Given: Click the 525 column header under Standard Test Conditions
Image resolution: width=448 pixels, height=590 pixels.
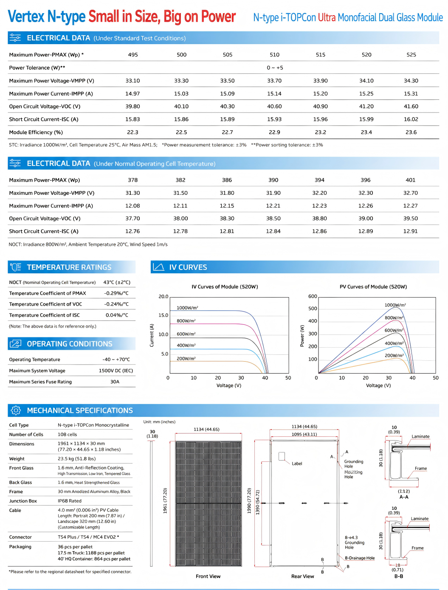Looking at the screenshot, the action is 411,55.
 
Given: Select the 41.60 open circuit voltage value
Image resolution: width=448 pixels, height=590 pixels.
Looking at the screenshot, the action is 411,107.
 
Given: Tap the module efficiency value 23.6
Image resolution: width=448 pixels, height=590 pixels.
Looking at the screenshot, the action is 411,132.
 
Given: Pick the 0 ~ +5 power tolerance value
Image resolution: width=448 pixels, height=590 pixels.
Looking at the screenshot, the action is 275,68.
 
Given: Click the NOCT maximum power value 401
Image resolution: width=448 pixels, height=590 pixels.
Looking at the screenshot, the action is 410,180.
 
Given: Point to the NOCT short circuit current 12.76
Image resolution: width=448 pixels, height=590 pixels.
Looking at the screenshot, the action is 132,231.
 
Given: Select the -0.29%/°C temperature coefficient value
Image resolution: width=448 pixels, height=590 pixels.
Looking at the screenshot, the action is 116,293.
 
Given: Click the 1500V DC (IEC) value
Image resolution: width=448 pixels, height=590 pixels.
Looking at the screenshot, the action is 116,371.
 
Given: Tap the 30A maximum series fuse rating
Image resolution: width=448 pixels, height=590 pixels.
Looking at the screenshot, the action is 115,382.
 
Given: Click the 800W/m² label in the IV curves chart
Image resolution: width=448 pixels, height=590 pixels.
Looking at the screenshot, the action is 186,320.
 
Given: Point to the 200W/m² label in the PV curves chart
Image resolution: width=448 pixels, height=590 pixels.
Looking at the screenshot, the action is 394,355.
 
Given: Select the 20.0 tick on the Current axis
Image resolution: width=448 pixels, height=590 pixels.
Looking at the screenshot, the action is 163,296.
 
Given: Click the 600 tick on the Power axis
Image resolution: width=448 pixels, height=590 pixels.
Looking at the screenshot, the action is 313,296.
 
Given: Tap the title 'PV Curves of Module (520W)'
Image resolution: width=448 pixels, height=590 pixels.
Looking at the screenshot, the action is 373,287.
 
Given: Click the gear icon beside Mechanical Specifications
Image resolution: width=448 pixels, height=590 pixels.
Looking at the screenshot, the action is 16,410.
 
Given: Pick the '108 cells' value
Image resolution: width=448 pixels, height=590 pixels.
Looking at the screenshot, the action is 67,434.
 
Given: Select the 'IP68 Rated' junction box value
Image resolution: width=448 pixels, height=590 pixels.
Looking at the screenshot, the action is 69,501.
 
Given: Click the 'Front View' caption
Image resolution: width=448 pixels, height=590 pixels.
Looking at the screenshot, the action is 208,576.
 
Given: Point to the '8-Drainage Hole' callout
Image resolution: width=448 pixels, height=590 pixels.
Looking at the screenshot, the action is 360,558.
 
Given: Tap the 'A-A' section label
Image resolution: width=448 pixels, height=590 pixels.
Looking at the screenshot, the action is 404,497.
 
